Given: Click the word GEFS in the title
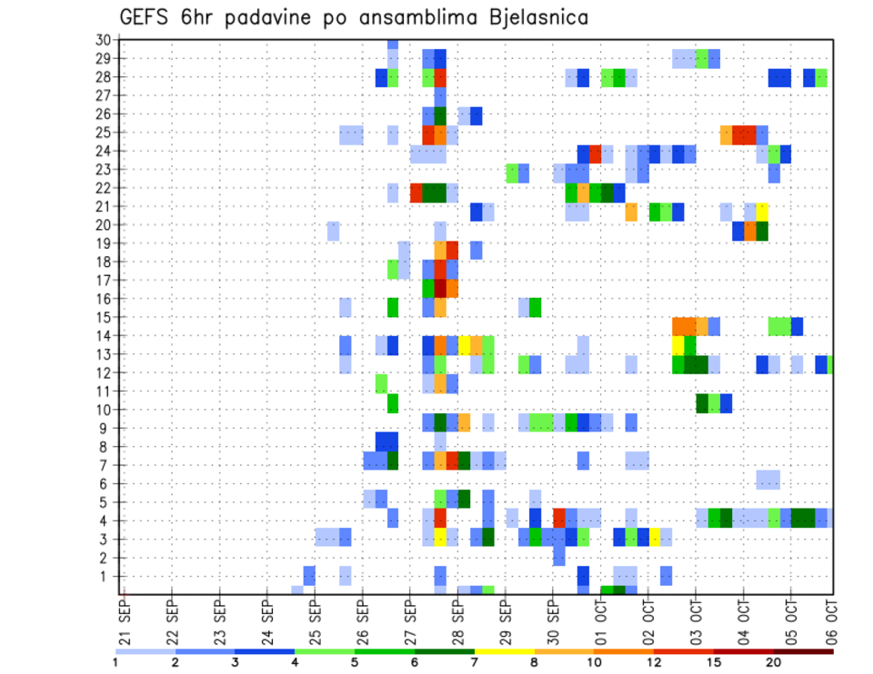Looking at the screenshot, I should pyautogui.click(x=144, y=17).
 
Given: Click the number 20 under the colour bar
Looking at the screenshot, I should pyautogui.click(x=774, y=662).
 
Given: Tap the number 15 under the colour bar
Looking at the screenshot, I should pyautogui.click(x=715, y=662).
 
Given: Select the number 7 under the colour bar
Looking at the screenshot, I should pyautogui.click(x=476, y=662).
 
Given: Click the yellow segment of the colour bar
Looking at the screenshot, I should pyautogui.click(x=505, y=651).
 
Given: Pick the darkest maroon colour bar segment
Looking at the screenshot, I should pyautogui.click(x=804, y=651).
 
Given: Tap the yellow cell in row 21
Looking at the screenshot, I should pyautogui.click(x=762, y=212).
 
